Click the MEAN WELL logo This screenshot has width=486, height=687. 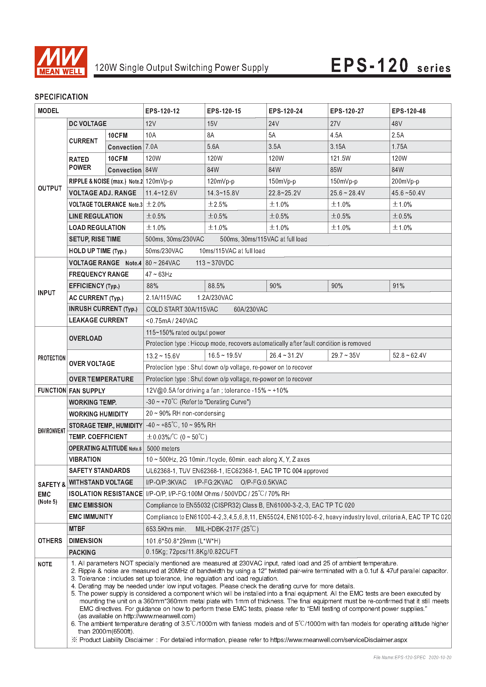pos(61,62)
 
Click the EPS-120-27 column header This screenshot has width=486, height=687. pos(347,111)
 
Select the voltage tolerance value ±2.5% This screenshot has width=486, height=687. pos(217,205)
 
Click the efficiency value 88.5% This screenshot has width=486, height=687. pos(216,286)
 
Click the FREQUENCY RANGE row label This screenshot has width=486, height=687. pos(99,274)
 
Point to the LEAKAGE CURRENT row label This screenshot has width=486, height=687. pos(98,320)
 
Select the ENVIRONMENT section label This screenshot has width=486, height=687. pos(51,431)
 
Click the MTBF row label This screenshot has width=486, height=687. pos(77,529)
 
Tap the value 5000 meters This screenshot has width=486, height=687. pos(163,449)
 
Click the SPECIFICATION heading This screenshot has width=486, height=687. pos(61,97)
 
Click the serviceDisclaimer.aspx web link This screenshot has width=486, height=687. pos(338,640)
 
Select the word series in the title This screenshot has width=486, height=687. pos(434,68)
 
